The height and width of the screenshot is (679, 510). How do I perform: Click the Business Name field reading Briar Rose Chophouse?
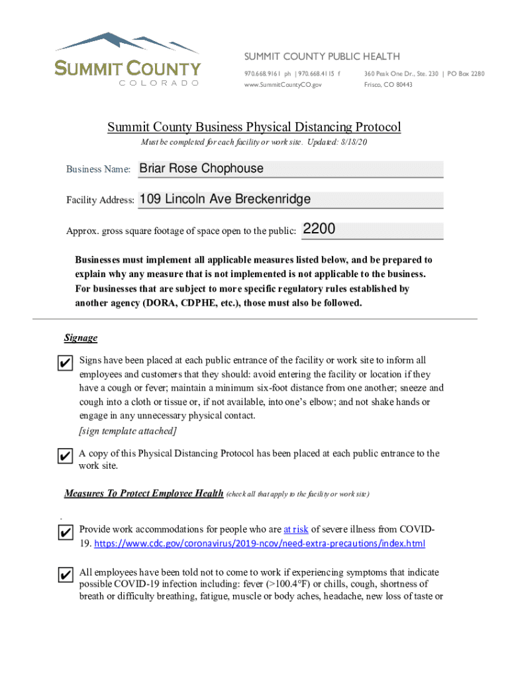coord(289,169)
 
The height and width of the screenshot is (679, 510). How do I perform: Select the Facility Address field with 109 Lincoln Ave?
coord(290,200)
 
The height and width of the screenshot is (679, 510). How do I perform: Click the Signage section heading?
coord(81,338)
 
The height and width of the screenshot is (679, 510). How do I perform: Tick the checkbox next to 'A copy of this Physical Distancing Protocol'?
coord(65,457)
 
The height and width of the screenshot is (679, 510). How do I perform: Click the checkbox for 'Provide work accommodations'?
coord(65,532)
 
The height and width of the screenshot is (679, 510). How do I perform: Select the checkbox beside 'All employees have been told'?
coord(65,575)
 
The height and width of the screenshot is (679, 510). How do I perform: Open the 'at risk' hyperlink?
coord(295,530)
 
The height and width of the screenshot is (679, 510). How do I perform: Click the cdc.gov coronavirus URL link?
coord(260,544)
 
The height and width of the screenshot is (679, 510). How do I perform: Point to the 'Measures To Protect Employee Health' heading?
coord(144,493)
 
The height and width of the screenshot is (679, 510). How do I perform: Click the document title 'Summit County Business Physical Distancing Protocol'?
coord(254,127)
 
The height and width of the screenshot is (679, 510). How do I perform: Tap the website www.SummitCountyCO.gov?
coord(283,85)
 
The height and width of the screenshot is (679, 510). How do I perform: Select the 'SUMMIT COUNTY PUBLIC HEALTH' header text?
coord(322,56)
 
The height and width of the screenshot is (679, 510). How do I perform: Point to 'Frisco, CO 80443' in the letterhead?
coord(388,85)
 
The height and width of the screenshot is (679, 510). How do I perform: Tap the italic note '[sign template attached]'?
coord(128,431)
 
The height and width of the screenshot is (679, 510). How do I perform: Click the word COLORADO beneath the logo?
coord(159,83)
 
